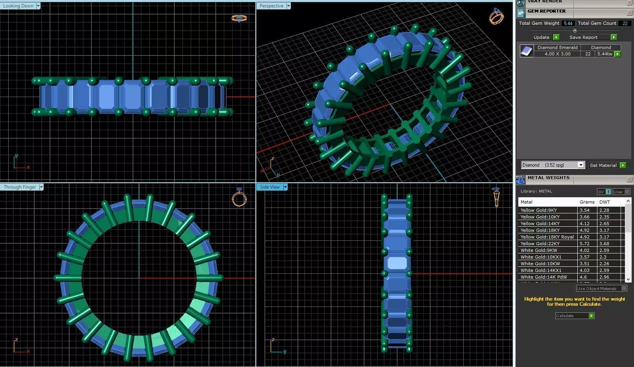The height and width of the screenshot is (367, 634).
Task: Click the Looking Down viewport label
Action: (x=18, y=6)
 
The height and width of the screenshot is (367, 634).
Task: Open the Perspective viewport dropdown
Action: (x=288, y=6)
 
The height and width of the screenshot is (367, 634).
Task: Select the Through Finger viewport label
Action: (x=20, y=187)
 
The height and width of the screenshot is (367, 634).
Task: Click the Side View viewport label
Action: (x=270, y=187)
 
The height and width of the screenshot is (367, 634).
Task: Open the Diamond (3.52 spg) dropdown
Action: (x=581, y=165)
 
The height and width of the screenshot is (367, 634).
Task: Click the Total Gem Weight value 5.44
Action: (x=568, y=23)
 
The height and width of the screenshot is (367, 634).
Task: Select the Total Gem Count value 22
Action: (x=625, y=23)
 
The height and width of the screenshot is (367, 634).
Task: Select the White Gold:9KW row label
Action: (x=538, y=250)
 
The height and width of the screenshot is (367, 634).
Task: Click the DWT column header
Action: (x=604, y=202)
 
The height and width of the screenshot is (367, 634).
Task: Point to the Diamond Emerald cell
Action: (x=557, y=48)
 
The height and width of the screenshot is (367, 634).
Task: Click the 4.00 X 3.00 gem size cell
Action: (x=557, y=54)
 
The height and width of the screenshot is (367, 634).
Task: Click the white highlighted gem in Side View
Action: (x=397, y=263)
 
